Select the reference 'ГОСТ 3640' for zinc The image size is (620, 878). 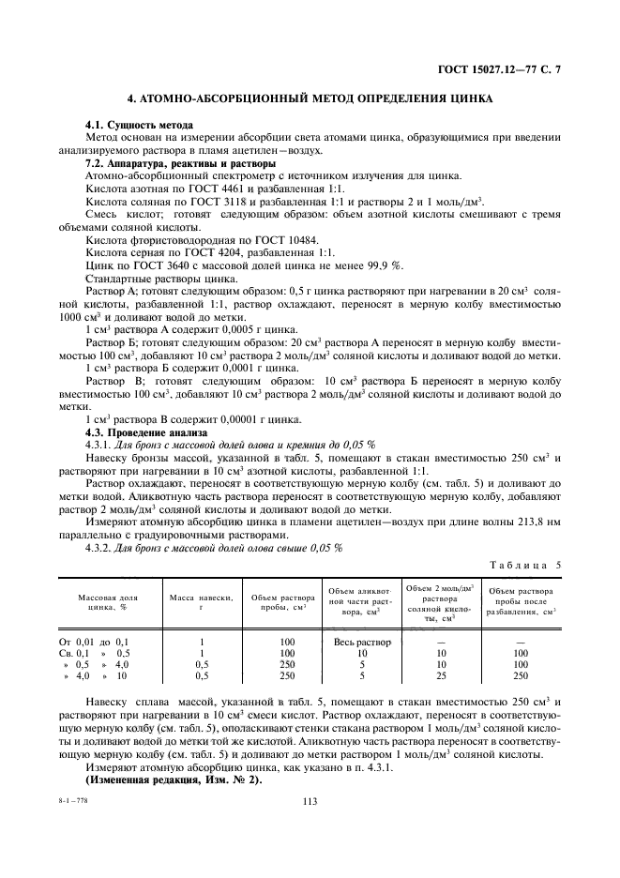[x=160, y=265]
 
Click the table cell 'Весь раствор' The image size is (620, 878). [x=361, y=642]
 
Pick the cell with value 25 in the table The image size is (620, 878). [x=441, y=675]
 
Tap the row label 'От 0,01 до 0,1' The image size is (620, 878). [x=99, y=642]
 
